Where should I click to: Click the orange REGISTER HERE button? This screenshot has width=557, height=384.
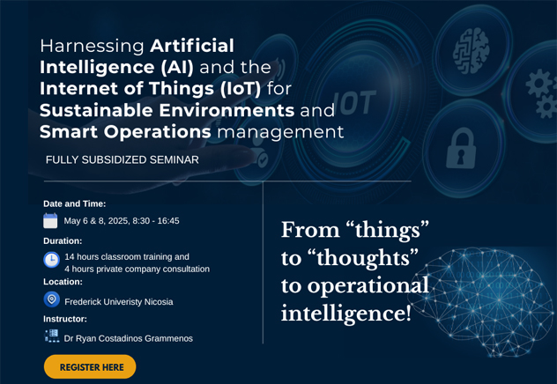(90, 366)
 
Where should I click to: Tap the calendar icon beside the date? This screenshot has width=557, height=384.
(50, 220)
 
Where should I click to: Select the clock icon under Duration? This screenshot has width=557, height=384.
(51, 260)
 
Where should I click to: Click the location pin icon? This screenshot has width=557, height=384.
(51, 299)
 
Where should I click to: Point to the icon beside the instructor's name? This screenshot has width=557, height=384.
(52, 336)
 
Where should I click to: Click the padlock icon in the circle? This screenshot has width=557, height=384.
(461, 148)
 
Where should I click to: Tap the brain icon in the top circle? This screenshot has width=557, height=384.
(471, 51)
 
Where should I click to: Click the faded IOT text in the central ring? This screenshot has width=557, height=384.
(353, 103)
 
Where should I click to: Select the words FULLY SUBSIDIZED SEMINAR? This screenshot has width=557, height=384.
(123, 159)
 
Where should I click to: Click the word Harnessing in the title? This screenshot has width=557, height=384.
(92, 46)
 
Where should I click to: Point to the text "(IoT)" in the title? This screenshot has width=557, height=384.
(241, 89)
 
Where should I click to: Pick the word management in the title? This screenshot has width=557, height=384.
(280, 132)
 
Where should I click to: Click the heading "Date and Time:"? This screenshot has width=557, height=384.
(75, 203)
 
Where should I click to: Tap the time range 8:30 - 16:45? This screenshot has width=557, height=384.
(156, 221)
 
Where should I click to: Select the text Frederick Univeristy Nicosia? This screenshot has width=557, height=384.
(119, 302)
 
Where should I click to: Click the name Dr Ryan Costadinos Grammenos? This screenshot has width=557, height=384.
(129, 338)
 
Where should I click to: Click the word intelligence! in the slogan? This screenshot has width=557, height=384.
(346, 314)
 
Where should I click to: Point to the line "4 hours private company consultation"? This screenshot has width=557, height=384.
(137, 269)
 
